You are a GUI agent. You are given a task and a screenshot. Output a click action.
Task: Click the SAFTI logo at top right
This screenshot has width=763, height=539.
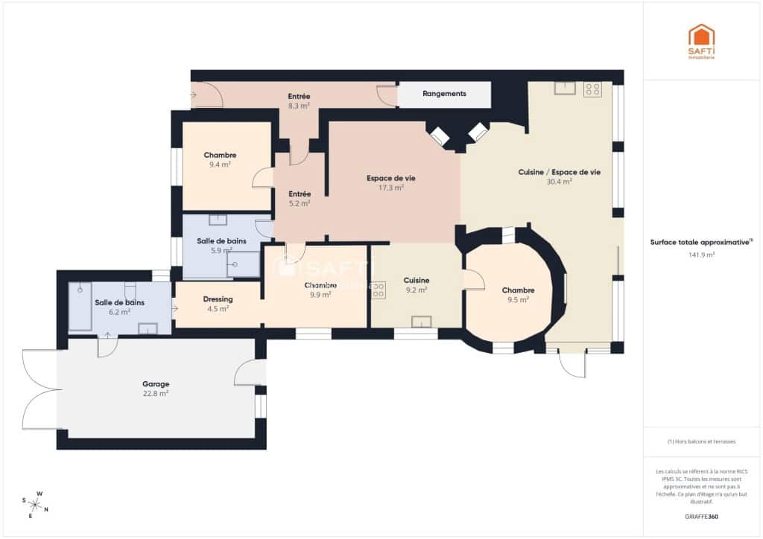point(701,41)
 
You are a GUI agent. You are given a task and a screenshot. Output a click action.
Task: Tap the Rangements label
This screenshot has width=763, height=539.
point(444,94)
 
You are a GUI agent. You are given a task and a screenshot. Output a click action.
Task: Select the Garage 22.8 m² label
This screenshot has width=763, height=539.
point(155,389)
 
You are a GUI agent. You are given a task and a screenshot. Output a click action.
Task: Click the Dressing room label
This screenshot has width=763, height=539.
point(218,304)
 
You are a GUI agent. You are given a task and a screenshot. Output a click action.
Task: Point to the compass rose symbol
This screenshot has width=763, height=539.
point(35,503)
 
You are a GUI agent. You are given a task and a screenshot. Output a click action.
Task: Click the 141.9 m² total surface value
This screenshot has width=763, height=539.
point(701,255)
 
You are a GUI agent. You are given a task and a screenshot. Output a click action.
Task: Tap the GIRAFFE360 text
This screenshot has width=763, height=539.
point(702,516)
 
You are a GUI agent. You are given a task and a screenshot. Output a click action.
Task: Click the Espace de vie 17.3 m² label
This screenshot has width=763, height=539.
point(390,183)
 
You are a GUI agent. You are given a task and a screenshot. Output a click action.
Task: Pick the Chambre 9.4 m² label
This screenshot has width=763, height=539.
point(220,159)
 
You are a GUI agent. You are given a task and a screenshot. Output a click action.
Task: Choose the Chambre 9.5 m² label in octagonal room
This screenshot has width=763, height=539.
point(518,295)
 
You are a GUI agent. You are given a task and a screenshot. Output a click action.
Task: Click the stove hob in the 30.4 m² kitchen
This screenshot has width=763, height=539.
point(592,89)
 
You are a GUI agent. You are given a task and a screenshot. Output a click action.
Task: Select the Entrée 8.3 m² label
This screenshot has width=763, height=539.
point(299,101)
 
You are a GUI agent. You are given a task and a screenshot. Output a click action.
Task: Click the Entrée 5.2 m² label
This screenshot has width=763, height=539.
point(299,198)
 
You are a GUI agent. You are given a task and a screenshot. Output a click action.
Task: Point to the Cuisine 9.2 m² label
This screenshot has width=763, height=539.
point(416,285)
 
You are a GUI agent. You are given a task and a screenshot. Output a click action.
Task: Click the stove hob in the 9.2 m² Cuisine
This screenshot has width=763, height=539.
point(378,290)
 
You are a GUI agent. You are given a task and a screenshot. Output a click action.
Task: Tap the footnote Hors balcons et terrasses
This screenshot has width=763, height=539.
point(701,441)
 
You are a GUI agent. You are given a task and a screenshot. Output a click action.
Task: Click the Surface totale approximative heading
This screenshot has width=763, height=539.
point(701,243)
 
